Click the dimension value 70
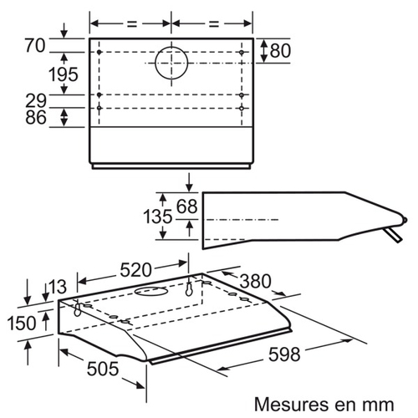[35, 45]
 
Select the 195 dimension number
[64, 74]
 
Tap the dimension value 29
[36, 100]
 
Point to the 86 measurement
[36, 117]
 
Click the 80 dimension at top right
[280, 51]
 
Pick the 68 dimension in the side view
[187, 206]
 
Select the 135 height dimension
[158, 217]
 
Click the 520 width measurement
[135, 270]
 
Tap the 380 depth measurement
[256, 281]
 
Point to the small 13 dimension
[58, 287]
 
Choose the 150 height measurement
[22, 324]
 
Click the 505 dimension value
[103, 369]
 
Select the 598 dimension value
[284, 354]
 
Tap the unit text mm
[379, 405]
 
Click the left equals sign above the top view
[132, 23]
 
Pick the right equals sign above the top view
[214, 23]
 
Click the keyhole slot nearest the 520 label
[189, 289]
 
